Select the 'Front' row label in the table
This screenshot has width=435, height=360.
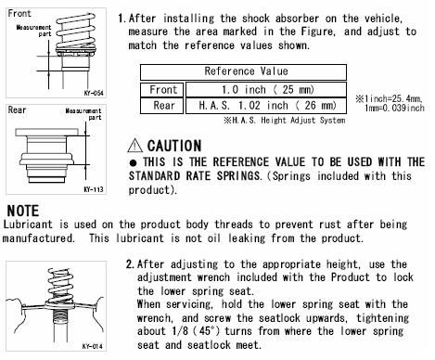162,90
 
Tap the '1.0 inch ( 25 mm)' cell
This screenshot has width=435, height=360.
266,90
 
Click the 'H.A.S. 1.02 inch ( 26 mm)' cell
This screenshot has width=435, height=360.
266,106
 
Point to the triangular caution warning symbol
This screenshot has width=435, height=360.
135,146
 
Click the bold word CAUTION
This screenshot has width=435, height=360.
174,146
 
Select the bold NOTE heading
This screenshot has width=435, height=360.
23,211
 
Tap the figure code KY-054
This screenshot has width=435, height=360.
94,93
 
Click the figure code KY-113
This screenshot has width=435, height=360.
94,189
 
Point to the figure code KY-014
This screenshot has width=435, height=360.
92,346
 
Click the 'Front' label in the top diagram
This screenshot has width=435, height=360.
19,14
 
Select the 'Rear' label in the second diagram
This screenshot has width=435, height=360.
17,109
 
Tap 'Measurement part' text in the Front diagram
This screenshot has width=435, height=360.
33,31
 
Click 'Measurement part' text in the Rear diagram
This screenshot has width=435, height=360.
83,114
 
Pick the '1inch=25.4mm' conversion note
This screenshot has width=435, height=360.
389,99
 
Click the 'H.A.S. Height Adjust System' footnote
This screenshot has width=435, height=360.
284,120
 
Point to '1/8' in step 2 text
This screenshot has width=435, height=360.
180,331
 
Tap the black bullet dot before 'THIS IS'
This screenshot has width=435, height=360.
134,162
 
